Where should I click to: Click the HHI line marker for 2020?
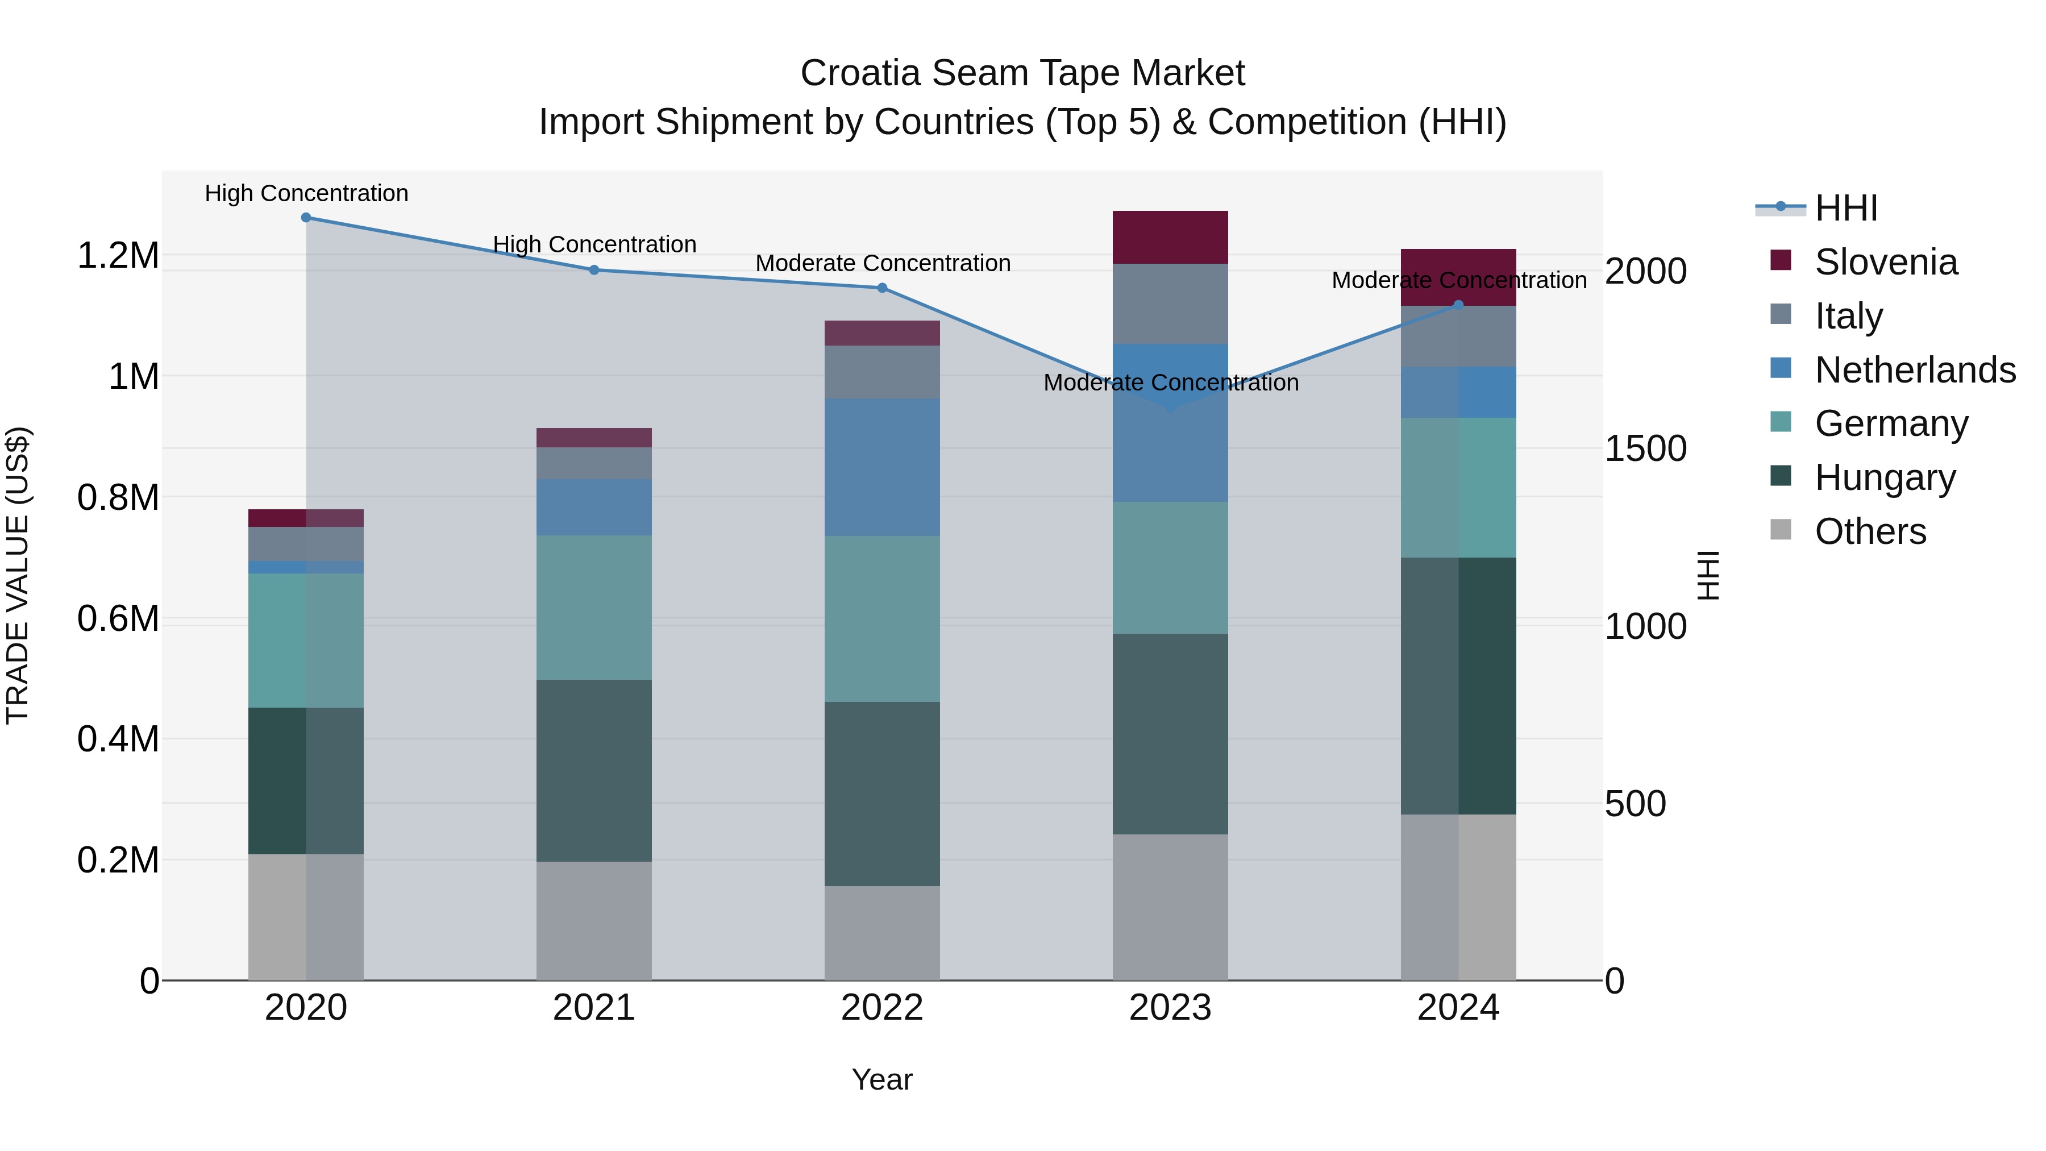click(306, 218)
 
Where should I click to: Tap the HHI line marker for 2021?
click(594, 270)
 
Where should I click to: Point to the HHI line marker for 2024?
click(1458, 305)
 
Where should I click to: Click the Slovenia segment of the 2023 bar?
click(1170, 238)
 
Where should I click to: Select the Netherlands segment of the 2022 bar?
click(881, 467)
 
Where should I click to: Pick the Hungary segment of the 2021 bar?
click(594, 771)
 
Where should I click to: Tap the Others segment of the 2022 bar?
click(881, 933)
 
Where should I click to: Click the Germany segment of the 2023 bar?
click(1170, 568)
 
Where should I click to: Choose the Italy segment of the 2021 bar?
click(594, 463)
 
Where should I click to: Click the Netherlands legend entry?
click(1914, 370)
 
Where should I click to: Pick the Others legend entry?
click(1870, 531)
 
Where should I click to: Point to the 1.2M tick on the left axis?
click(118, 256)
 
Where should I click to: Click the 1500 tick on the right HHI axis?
click(1645, 449)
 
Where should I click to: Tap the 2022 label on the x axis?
click(881, 1008)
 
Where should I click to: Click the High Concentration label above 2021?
click(594, 244)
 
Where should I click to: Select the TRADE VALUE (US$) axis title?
click(18, 575)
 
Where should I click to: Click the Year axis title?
click(881, 1079)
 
